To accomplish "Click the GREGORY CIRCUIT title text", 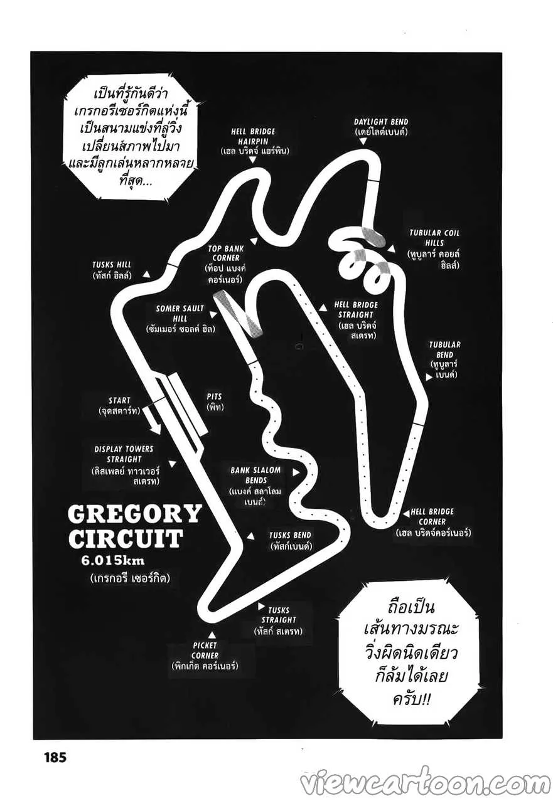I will pyautogui.click(x=134, y=526).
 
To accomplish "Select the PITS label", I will pyautogui.click(x=214, y=401).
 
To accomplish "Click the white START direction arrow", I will pyautogui.click(x=151, y=419).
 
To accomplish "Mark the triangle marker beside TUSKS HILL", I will pyautogui.click(x=146, y=274).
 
